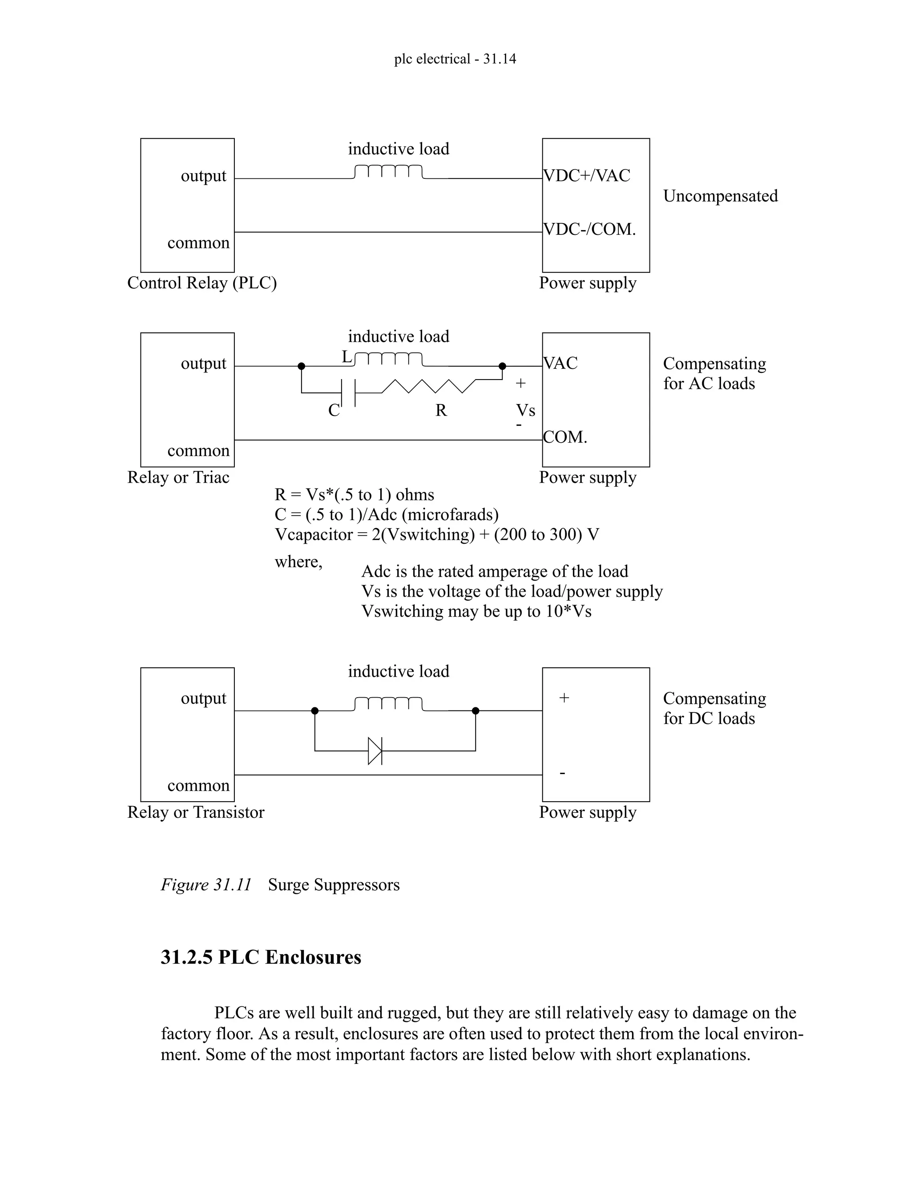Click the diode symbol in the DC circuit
(x=375, y=751)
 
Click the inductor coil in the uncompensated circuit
(x=389, y=172)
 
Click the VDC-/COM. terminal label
(x=590, y=230)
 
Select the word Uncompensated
(x=721, y=196)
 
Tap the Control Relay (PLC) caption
(x=202, y=283)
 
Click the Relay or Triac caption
(x=178, y=477)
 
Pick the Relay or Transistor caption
(x=195, y=812)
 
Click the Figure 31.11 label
(x=206, y=885)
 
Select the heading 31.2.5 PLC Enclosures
(x=261, y=957)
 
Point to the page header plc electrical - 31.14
(x=455, y=58)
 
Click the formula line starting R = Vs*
(x=354, y=494)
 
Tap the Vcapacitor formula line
(x=437, y=534)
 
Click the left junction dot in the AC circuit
(x=302, y=366)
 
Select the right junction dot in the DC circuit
(x=476, y=711)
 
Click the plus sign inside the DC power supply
(x=564, y=698)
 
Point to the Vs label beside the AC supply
(x=526, y=410)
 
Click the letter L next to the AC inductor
(x=347, y=357)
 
